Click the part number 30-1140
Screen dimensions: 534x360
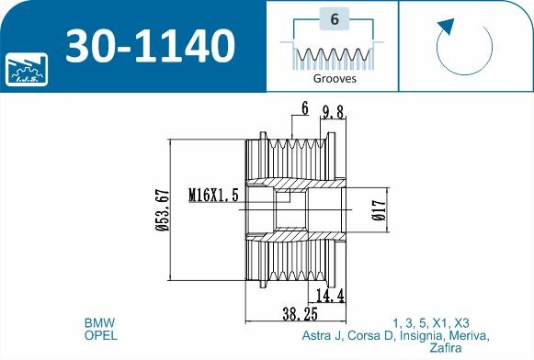pyautogui.click(x=150, y=46)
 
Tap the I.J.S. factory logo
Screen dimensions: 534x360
pyautogui.click(x=27, y=70)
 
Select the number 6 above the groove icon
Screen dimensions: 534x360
pyautogui.click(x=335, y=19)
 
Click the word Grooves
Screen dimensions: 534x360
pyautogui.click(x=335, y=79)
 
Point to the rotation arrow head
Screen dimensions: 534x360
pyautogui.click(x=446, y=27)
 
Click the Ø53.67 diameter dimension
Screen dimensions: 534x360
pyautogui.click(x=163, y=210)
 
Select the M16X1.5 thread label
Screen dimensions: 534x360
pyautogui.click(x=213, y=196)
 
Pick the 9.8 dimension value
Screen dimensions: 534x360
pyautogui.click(x=333, y=112)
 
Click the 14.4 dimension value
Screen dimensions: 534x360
pyautogui.click(x=330, y=296)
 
